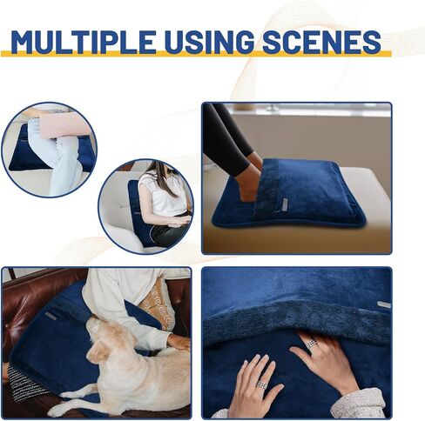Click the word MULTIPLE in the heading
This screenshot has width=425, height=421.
pyautogui.click(x=83, y=42)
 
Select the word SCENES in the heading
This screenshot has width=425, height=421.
pyautogui.click(x=322, y=42)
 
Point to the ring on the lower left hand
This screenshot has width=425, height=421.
pyautogui.click(x=261, y=384)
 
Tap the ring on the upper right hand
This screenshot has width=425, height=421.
pyautogui.click(x=311, y=343)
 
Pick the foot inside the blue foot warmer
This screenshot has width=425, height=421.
pyautogui.click(x=251, y=179)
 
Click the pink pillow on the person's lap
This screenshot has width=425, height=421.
pyautogui.click(x=64, y=126)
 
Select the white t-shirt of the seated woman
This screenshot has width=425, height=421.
pyautogui.click(x=163, y=193)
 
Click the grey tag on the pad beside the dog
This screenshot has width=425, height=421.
pyautogui.click(x=52, y=316)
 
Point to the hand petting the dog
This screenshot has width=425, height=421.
pyautogui.click(x=179, y=343)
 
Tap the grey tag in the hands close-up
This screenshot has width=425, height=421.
pyautogui.click(x=384, y=304)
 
